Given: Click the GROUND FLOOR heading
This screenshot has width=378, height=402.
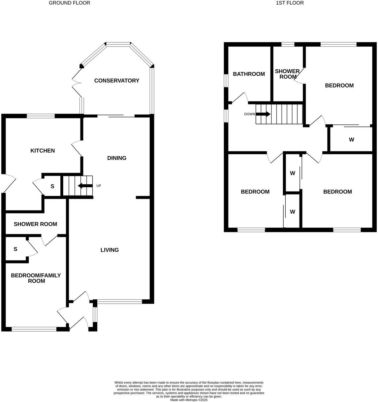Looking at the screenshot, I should click(69, 3).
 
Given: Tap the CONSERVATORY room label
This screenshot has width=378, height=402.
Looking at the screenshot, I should click(117, 81).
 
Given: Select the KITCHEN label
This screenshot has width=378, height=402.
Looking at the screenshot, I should click(43, 151).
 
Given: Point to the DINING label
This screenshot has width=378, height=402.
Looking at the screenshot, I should click(117, 158).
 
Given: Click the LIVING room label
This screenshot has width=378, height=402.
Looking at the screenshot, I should click(110, 250).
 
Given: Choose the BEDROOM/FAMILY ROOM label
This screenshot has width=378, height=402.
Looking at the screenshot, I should click(36, 278).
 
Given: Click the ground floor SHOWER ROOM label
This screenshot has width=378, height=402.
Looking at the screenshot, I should click(35, 224).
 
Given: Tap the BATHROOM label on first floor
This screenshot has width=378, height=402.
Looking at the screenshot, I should click(249, 74).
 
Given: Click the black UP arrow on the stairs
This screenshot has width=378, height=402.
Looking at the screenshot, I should click(85, 186).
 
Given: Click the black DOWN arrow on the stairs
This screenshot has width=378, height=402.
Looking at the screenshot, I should click(263, 114).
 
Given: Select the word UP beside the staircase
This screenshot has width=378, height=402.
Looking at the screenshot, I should click(99, 186).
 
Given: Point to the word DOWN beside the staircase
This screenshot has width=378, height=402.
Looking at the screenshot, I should click(249, 114).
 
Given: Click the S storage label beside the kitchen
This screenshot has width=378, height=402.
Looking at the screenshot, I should click(52, 186).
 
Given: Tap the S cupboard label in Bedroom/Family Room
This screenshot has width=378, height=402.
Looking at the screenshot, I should click(15, 249).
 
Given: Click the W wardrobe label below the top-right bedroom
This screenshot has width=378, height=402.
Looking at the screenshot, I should click(351, 140).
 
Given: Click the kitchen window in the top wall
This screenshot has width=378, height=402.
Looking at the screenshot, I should click(41, 116).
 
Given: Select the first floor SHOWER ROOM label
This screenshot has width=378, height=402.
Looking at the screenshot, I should click(287, 74).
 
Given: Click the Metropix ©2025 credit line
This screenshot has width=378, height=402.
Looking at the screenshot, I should click(189, 400).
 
